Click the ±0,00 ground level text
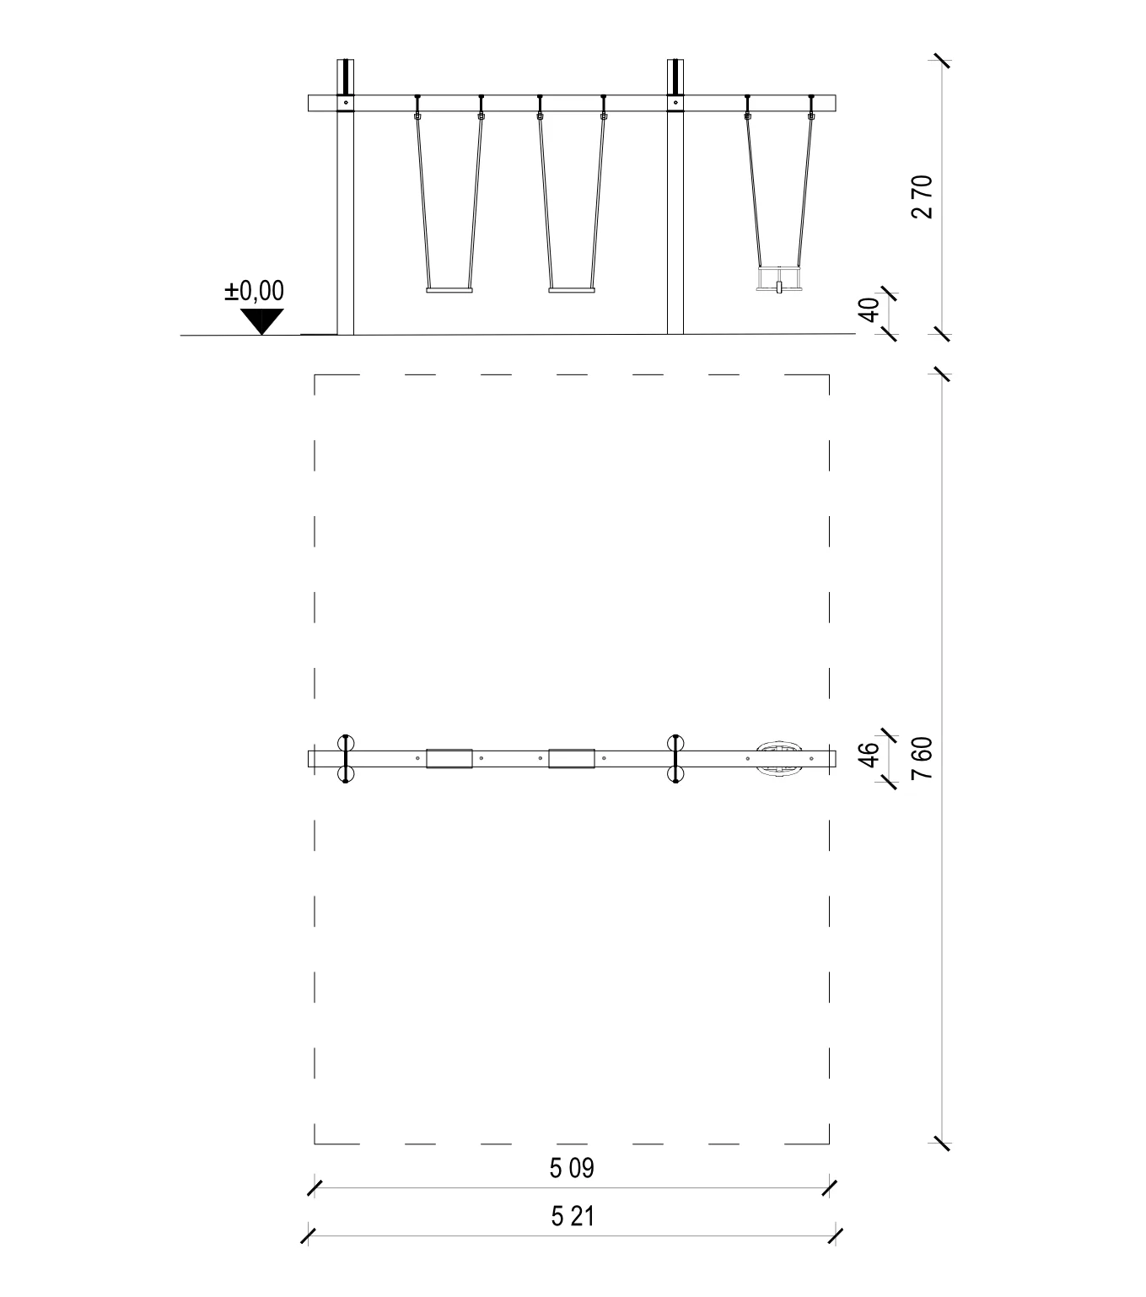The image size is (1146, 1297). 254,291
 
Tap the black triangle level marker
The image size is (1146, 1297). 262,321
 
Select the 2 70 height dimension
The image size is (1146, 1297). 922,196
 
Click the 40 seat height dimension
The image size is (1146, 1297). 869,309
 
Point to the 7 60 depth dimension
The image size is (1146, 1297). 922,758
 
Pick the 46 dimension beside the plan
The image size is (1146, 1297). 869,755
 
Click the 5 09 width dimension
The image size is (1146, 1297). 572,1168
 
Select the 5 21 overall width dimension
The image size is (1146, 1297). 573,1216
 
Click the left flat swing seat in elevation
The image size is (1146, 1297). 449,290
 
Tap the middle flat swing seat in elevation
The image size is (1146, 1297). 572,290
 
